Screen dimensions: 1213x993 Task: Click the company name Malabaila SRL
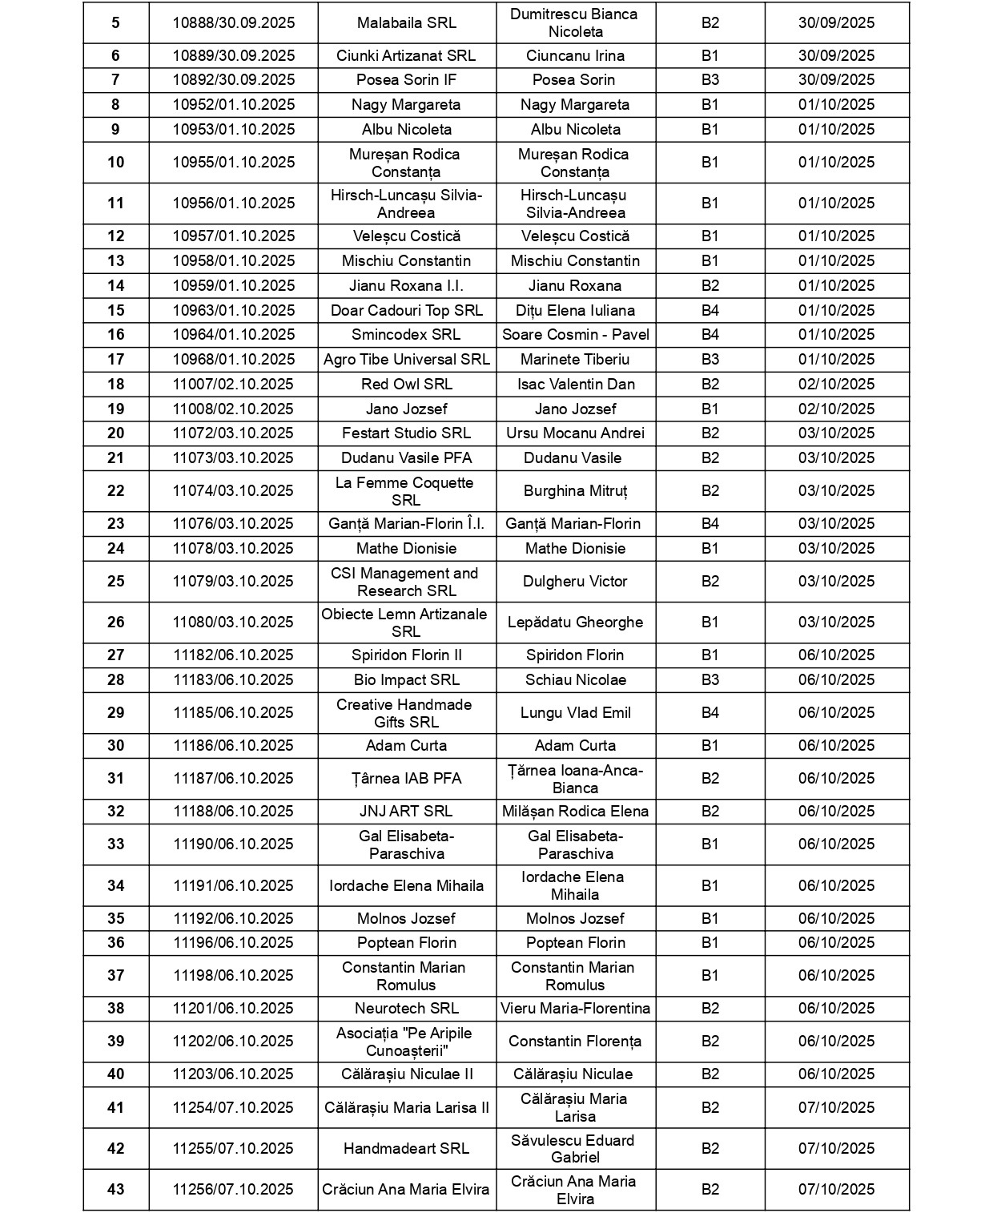tap(406, 23)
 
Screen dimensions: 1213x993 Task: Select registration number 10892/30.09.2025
tap(234, 80)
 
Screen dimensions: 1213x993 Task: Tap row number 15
tap(116, 311)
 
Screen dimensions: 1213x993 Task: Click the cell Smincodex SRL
tap(406, 335)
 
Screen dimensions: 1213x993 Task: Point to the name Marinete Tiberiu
tap(575, 360)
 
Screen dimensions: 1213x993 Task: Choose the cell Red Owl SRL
tap(406, 385)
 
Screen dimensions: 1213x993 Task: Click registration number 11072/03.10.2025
tap(234, 433)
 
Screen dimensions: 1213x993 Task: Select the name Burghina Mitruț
tap(575, 491)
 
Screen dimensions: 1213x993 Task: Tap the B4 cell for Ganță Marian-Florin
tap(710, 524)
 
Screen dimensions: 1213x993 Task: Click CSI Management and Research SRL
tap(406, 582)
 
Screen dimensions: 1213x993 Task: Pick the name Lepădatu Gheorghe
tap(575, 623)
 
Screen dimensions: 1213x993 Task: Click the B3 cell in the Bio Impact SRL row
tap(710, 680)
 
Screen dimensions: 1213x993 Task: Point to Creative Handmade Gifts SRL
tap(406, 713)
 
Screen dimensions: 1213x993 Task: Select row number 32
tap(116, 812)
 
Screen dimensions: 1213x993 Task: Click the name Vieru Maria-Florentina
tap(575, 1009)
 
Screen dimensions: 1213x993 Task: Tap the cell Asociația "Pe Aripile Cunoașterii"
tap(406, 1042)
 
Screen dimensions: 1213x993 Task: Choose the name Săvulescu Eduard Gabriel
tap(575, 1149)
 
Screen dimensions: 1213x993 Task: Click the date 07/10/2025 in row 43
tap(836, 1190)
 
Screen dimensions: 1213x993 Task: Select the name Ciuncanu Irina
tap(575, 56)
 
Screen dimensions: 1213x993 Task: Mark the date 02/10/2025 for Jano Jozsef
tap(836, 409)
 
